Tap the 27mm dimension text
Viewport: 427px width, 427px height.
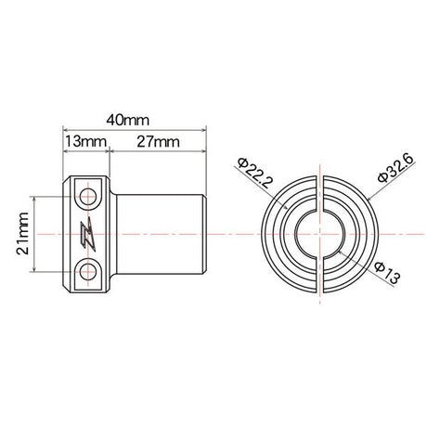pyautogui.click(x=155, y=142)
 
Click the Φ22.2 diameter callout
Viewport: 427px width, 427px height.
pyautogui.click(x=248, y=173)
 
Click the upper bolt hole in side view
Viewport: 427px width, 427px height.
pyautogui.click(x=89, y=197)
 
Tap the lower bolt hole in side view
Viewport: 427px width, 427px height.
pyautogui.click(x=89, y=271)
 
